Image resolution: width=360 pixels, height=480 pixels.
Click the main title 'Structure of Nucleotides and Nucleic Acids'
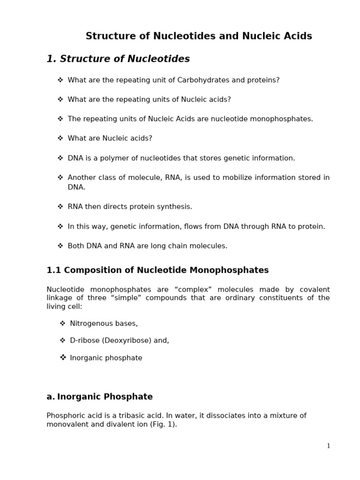[x=199, y=37]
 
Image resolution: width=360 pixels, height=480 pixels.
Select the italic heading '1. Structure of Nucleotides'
[x=118, y=59]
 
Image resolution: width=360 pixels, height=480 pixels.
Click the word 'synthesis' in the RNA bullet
[x=176, y=207]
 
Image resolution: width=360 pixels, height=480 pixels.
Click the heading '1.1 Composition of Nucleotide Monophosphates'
[x=157, y=270]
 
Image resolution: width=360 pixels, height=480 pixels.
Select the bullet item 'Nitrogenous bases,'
[x=104, y=323]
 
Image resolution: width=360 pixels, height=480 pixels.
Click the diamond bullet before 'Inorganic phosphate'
[x=63, y=358]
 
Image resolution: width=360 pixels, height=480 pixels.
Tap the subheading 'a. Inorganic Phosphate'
[x=99, y=397]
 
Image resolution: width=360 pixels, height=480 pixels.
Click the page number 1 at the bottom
[x=329, y=446]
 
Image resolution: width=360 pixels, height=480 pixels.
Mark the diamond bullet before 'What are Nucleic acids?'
[x=60, y=138]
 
